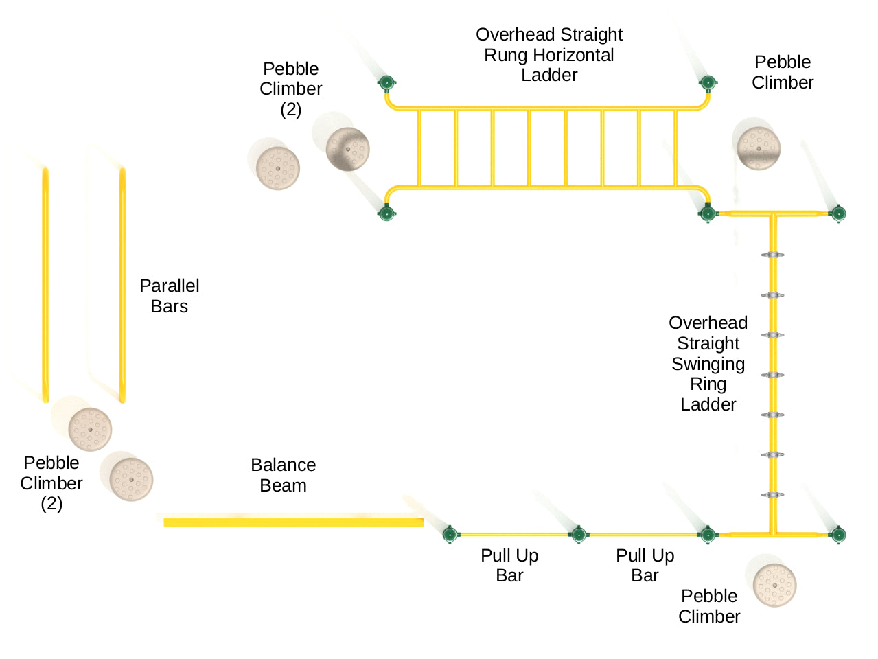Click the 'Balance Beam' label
[283, 475]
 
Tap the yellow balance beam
[293, 522]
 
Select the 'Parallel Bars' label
[169, 296]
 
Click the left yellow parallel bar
[45, 284]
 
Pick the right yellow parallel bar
[122, 284]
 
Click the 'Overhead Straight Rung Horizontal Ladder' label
[549, 55]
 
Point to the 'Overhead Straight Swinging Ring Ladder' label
[708, 363]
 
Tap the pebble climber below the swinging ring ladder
[774, 585]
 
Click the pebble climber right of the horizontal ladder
[759, 148]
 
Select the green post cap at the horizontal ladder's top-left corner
[386, 84]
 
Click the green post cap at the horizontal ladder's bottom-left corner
[387, 213]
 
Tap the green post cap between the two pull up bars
[579, 534]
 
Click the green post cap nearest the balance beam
[450, 534]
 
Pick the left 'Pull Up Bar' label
[509, 565]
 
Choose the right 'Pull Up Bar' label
[645, 565]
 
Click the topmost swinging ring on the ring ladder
[772, 255]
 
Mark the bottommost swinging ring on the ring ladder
[772, 495]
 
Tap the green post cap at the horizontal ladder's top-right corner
[708, 84]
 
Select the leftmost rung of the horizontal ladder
[419, 148]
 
